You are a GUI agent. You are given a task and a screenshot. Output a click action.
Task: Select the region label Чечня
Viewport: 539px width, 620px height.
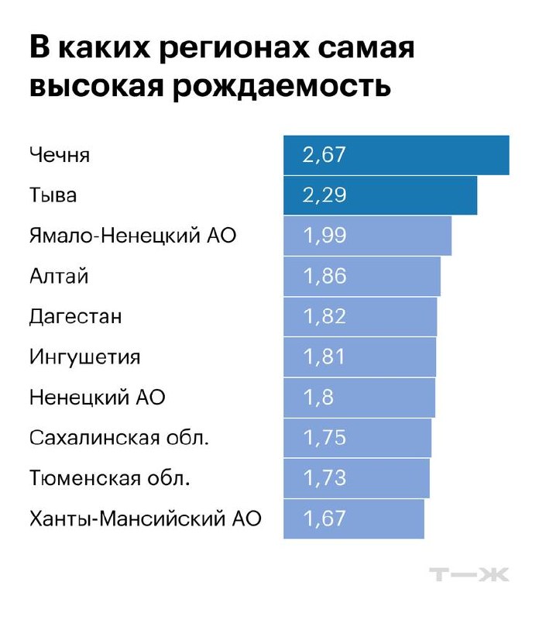click(x=60, y=155)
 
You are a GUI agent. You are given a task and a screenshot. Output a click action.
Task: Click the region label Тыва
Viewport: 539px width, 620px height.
click(x=53, y=195)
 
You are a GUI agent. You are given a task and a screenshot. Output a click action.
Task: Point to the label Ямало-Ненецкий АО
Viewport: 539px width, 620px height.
click(x=132, y=236)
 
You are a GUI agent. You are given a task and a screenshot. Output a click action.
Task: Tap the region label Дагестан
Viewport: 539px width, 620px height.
click(x=75, y=316)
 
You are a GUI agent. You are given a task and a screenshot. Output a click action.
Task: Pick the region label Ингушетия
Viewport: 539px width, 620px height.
click(x=84, y=357)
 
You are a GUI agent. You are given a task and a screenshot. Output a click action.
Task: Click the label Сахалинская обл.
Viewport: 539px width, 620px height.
click(x=119, y=438)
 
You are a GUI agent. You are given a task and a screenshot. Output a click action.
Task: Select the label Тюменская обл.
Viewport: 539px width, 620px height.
click(x=109, y=478)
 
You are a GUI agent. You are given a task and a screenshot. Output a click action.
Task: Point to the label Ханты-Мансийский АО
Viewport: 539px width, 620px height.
click(x=145, y=518)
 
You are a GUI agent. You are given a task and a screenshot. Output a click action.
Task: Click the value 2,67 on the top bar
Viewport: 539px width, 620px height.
click(x=324, y=155)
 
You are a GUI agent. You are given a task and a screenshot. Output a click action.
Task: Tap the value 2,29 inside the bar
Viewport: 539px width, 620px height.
click(x=324, y=195)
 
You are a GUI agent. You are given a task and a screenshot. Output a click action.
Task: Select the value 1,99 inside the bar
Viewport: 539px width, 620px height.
click(x=324, y=236)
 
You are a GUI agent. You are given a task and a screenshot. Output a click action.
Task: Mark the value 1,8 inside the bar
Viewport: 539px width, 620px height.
click(x=318, y=398)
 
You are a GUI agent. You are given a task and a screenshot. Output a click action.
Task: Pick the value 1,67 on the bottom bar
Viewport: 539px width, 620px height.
click(x=324, y=518)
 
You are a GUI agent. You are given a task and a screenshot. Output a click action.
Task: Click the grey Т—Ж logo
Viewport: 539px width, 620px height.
click(x=469, y=574)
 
